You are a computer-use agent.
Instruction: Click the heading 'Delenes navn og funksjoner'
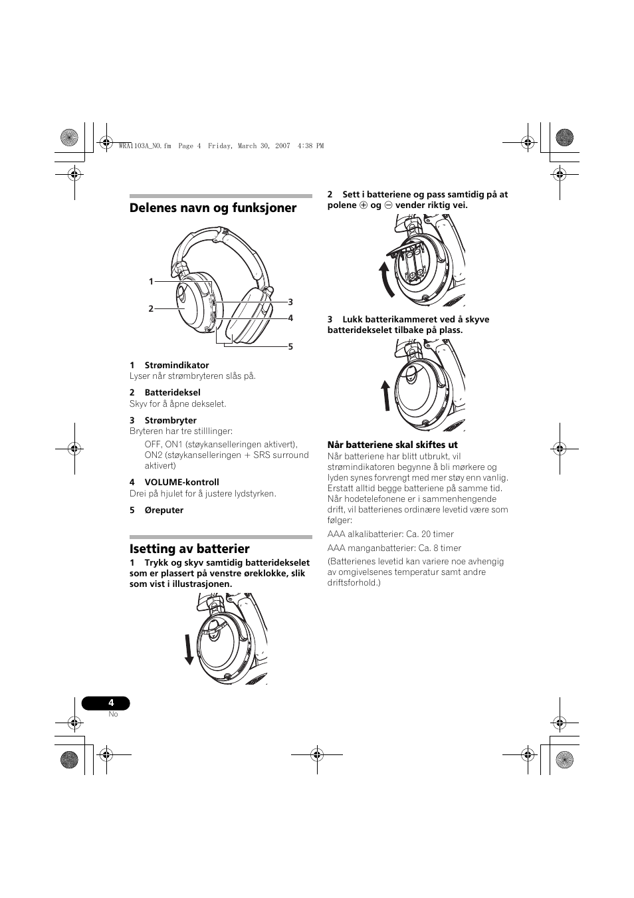213,208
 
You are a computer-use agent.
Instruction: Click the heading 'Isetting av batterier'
189,548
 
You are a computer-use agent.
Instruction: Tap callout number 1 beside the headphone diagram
151,282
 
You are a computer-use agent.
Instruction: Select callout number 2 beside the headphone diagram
151,308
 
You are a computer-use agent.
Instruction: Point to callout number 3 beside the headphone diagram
290,302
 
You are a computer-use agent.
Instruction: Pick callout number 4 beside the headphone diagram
290,318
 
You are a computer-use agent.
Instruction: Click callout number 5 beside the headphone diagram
290,346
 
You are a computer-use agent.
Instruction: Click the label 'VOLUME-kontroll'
181,482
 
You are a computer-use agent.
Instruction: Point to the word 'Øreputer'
164,510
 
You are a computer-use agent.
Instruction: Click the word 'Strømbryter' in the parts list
171,420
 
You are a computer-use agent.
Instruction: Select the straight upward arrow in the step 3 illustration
386,397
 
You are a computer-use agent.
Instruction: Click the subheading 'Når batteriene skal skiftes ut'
392,445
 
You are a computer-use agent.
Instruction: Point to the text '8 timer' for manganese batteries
446,548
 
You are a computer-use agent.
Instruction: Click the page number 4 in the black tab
111,703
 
